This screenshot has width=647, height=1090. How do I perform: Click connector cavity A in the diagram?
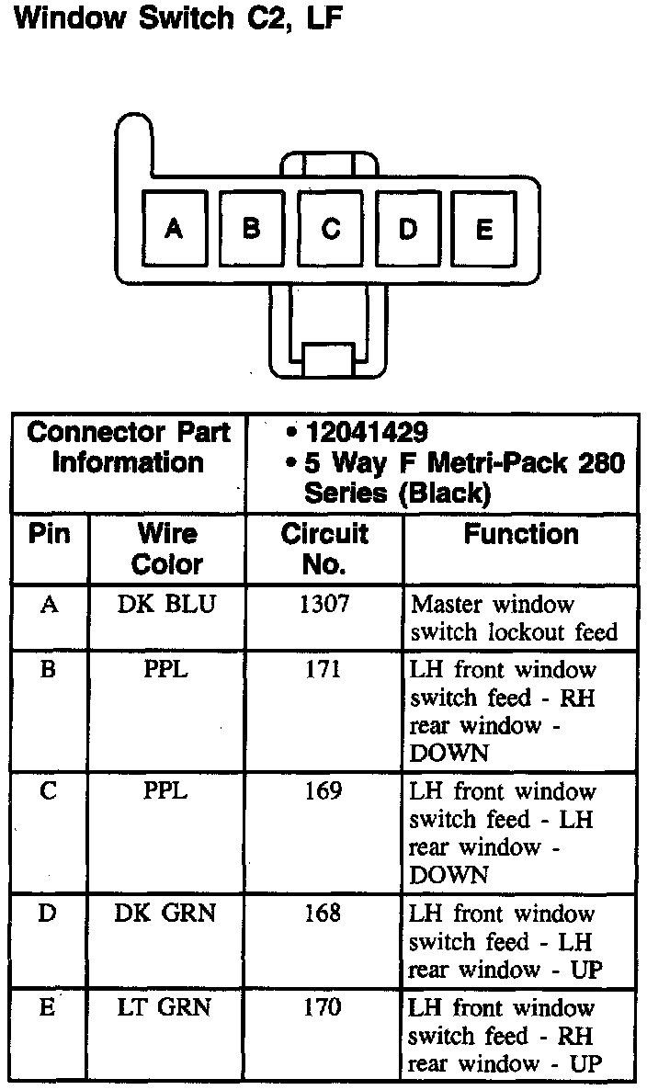point(174,229)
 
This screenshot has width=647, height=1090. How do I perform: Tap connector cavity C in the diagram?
point(330,229)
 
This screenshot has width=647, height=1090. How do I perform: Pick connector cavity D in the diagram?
point(408,229)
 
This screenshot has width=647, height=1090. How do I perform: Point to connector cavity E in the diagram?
point(484,229)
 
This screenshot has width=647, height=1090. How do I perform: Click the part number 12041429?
point(367,432)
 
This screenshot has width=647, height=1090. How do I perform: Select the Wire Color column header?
point(167,548)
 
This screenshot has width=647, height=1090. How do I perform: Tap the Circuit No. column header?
point(323,548)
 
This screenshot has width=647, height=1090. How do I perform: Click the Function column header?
point(521,534)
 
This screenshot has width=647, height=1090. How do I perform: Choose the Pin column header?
point(50,534)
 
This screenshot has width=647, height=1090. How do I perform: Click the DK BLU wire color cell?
point(167,604)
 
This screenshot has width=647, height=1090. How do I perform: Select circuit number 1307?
point(323,604)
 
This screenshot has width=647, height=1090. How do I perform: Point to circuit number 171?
point(323,670)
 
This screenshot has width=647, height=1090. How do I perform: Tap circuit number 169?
point(323,791)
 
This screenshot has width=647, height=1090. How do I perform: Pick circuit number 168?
point(323,914)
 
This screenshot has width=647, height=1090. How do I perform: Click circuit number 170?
point(323,1007)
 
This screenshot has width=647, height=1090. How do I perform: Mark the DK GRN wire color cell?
point(166,914)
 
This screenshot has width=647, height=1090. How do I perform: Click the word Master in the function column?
point(448,605)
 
